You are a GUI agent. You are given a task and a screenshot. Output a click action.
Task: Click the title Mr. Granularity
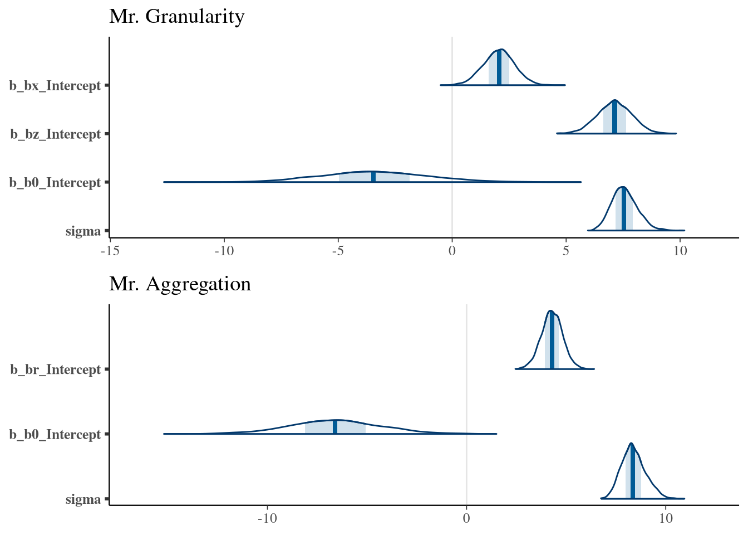(176, 17)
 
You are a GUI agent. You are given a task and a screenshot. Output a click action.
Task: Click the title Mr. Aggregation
(180, 284)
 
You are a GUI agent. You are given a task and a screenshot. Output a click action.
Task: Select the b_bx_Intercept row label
(55, 86)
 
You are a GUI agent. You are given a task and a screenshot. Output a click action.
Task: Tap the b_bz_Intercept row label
(55, 134)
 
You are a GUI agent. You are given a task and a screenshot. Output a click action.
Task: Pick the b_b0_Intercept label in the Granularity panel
(55, 183)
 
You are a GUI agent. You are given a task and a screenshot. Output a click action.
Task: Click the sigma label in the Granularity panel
(83, 231)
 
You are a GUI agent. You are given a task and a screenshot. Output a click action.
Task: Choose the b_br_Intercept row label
(55, 369)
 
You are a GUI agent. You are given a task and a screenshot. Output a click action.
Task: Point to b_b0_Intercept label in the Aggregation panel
(55, 434)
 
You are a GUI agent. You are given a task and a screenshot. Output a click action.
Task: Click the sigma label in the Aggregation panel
(83, 499)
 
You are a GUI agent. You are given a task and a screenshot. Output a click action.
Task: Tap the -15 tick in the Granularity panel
(110, 251)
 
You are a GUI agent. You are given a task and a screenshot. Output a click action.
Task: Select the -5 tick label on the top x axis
(338, 251)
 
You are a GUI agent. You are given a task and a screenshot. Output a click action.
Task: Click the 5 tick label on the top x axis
(566, 251)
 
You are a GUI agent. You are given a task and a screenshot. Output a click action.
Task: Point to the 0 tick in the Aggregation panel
(466, 519)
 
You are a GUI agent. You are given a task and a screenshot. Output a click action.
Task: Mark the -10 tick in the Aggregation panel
(267, 519)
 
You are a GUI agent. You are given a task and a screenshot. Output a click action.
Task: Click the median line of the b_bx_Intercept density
(499, 68)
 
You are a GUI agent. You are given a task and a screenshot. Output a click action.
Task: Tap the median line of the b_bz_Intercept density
(614, 117)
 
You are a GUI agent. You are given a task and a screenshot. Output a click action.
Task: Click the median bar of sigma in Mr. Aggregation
(632, 473)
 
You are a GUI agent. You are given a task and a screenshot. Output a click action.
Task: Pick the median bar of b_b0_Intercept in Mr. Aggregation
(335, 427)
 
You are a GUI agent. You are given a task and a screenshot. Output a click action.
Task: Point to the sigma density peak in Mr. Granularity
(623, 188)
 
